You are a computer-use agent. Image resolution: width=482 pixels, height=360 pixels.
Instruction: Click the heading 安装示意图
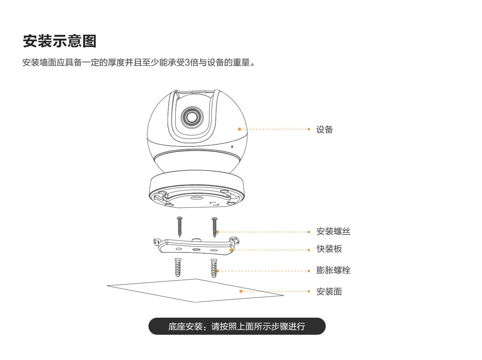(59, 41)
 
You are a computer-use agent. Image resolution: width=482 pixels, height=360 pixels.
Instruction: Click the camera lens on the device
(192, 117)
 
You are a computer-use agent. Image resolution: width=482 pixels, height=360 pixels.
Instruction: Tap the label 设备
(325, 130)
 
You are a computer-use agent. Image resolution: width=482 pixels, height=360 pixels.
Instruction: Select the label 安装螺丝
(333, 231)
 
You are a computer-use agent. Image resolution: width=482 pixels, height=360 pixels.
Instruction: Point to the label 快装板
(329, 249)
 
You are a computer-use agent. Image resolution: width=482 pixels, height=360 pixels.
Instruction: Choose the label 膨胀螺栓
(333, 270)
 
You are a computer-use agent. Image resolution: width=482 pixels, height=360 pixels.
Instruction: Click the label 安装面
(329, 292)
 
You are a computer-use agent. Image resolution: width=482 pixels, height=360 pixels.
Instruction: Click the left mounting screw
(179, 227)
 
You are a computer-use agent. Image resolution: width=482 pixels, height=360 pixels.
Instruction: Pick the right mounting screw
(214, 227)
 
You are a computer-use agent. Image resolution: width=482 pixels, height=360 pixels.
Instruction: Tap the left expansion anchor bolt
(178, 267)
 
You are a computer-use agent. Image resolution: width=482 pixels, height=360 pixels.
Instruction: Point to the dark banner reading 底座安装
(237, 326)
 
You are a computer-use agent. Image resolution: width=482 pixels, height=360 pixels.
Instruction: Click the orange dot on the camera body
(239, 129)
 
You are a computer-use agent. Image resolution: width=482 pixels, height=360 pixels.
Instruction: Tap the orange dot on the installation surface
(241, 291)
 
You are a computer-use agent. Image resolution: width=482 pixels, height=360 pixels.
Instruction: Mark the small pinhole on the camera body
(232, 147)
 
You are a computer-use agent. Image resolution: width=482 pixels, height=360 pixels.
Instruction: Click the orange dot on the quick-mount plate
(231, 250)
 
